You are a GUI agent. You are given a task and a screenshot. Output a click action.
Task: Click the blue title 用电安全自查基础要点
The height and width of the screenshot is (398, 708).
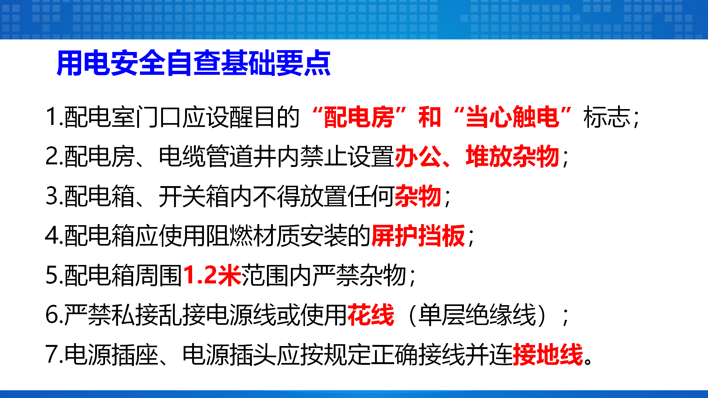tap(194, 63)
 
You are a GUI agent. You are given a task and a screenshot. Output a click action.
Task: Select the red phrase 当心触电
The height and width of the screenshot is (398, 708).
tap(513, 117)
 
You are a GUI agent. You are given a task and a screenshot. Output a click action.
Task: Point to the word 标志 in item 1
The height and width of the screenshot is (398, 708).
tap(607, 117)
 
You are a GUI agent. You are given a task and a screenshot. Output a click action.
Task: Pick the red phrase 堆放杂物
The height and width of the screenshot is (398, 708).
tap(513, 157)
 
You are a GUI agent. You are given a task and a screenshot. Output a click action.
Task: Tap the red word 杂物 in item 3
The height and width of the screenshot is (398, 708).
tap(418, 196)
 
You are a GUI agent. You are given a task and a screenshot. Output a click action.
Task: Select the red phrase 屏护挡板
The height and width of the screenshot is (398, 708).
tap(418, 236)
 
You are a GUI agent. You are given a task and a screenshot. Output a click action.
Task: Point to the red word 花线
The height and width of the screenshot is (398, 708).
tap(371, 315)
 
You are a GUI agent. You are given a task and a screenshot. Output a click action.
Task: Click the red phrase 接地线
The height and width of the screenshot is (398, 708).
tap(548, 355)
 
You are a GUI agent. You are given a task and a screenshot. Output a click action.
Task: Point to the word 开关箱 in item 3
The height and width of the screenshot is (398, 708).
tap(194, 196)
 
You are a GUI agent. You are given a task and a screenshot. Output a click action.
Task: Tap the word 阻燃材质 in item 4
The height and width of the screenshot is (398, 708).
tap(253, 236)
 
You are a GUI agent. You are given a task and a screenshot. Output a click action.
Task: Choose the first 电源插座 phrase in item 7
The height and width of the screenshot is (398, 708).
tap(111, 355)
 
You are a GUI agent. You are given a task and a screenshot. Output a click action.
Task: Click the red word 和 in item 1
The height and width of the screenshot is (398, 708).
tap(430, 117)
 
